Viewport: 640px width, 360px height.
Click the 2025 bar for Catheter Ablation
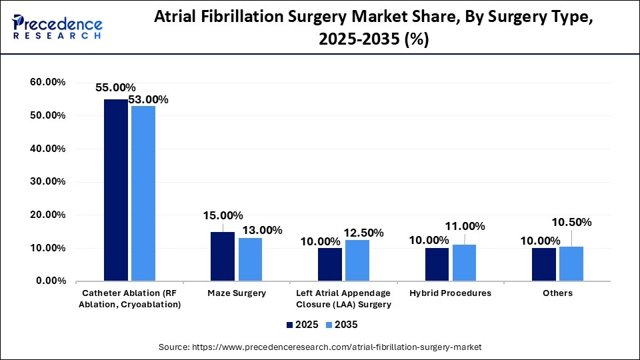tap(115, 190)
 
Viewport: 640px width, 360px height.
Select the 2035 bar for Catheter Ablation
tap(143, 193)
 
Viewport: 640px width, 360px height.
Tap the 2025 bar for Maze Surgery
tap(222, 257)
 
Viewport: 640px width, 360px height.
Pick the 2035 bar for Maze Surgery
tap(250, 260)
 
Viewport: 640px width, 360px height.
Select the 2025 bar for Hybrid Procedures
tap(437, 265)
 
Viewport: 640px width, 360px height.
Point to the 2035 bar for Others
tap(571, 264)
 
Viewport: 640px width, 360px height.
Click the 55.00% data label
tap(115, 87)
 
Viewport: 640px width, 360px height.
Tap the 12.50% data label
tap(363, 233)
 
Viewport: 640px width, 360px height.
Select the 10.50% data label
tap(571, 222)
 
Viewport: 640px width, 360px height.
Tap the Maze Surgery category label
tap(236, 293)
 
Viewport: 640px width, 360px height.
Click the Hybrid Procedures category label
tap(451, 293)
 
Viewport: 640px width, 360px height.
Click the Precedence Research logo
tap(57, 27)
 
